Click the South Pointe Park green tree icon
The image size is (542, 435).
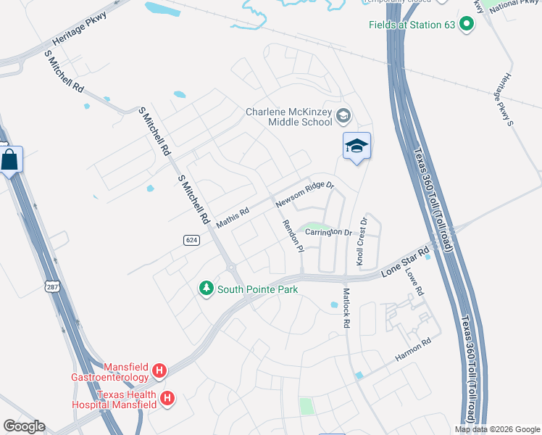point(207,289)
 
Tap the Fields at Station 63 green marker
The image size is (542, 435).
point(467,25)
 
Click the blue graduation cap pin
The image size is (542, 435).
point(357,146)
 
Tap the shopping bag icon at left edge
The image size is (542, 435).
point(10,159)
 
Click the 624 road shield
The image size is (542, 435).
point(191,241)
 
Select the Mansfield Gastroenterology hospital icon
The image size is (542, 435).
point(159,372)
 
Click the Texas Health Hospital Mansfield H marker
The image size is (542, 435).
point(167,398)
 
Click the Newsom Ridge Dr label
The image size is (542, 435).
point(304,194)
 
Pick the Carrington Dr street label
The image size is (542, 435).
point(328,232)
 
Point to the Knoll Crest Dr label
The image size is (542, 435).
point(362,240)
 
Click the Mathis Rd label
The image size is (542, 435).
point(233,216)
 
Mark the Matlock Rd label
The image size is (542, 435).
point(345,309)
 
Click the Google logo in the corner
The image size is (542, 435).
point(24,426)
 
